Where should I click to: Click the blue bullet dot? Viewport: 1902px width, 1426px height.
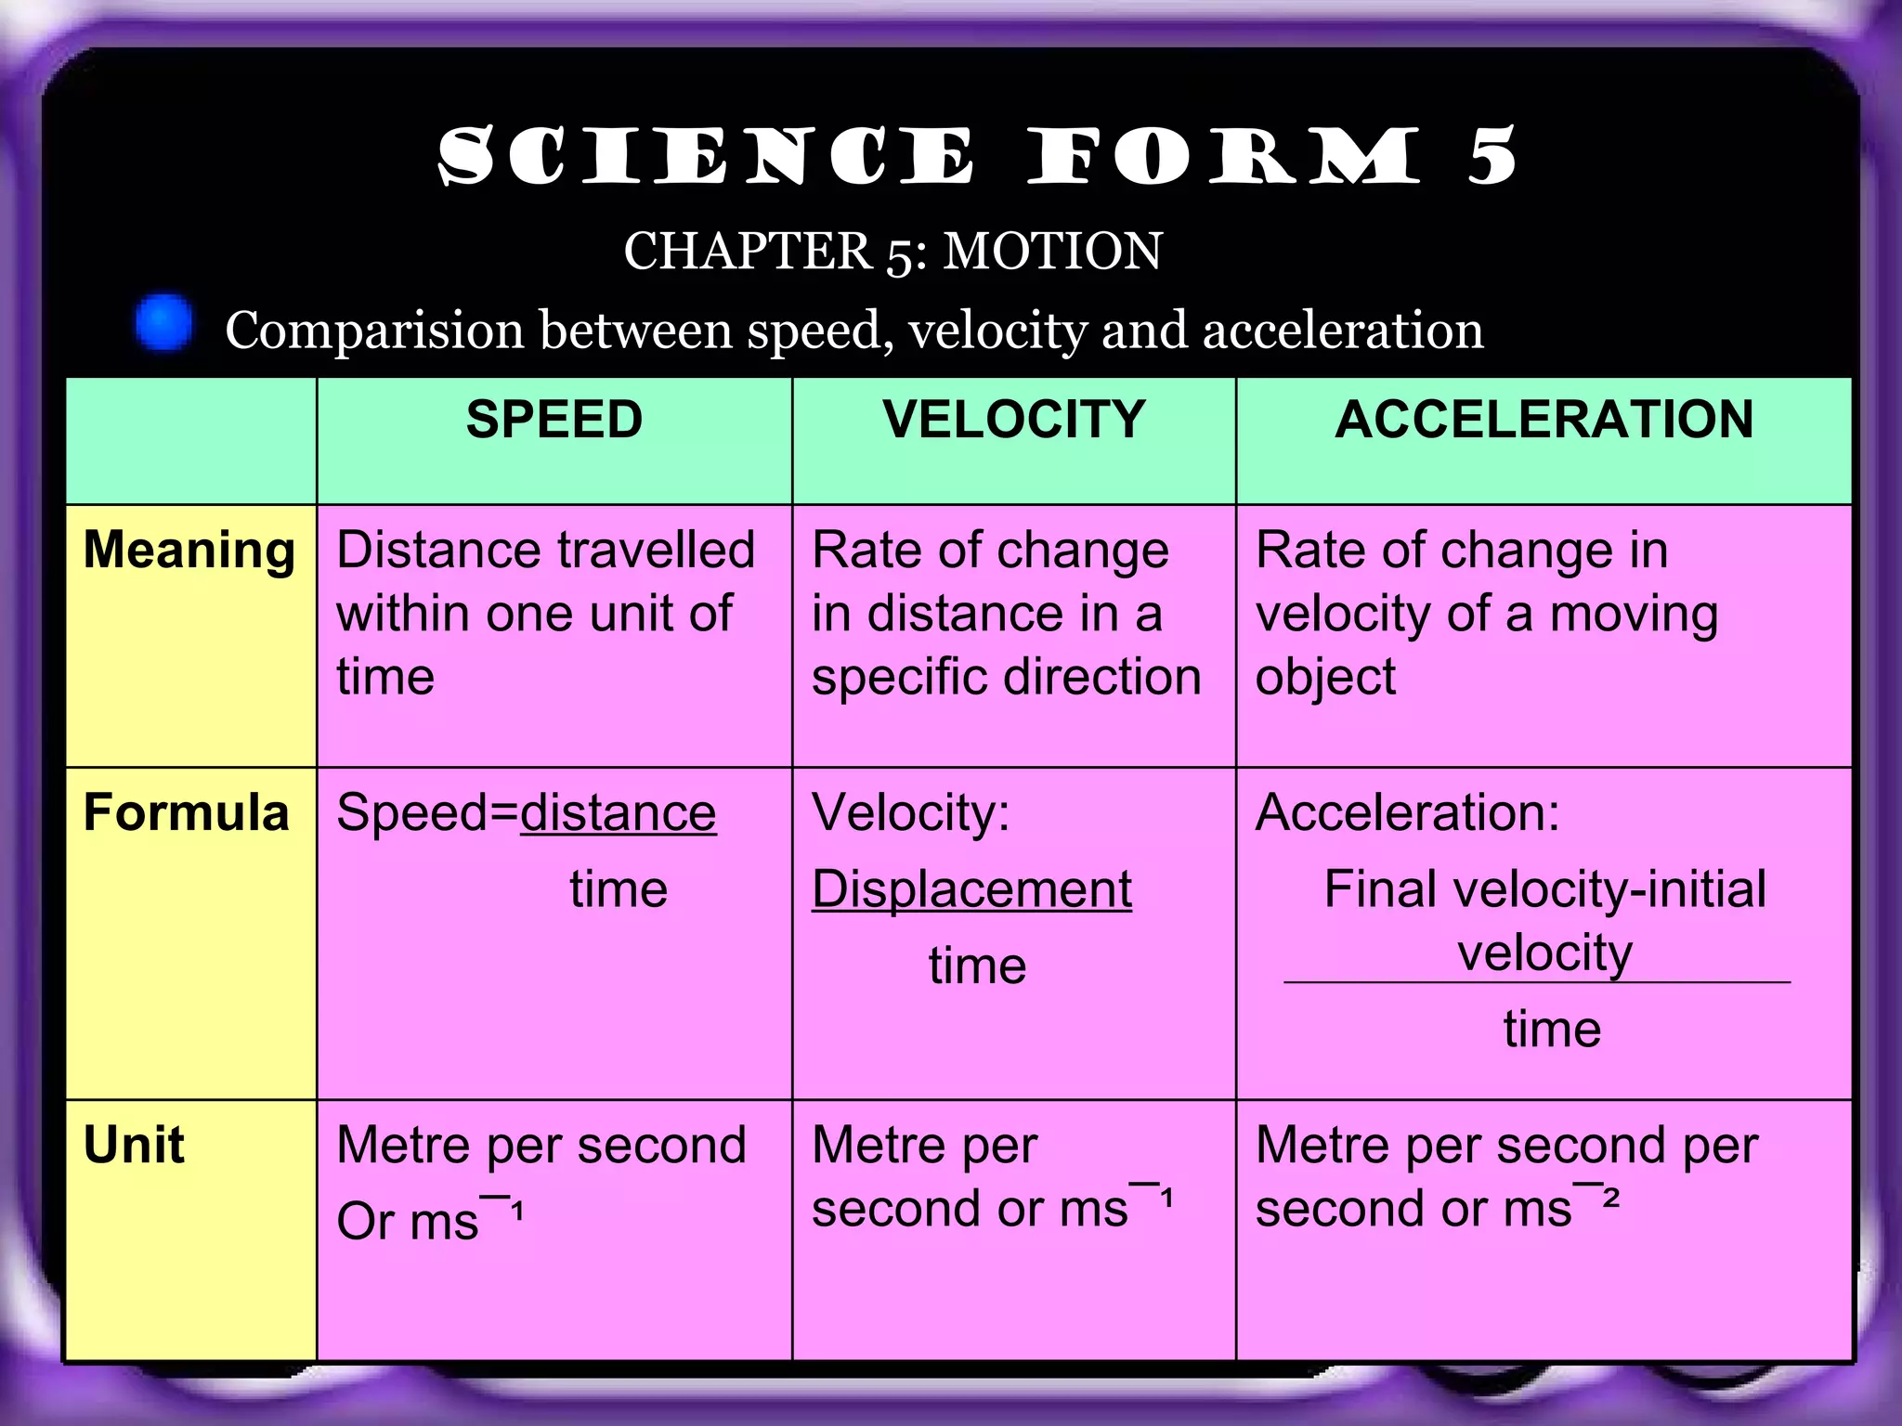[164, 323]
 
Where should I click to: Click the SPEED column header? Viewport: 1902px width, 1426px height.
[554, 419]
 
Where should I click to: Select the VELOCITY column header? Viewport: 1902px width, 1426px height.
[1013, 419]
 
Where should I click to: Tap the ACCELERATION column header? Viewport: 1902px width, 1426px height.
[1544, 419]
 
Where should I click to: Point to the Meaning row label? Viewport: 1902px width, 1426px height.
[189, 550]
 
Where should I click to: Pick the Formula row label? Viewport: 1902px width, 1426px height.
[186, 812]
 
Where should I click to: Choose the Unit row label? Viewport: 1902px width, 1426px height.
[134, 1144]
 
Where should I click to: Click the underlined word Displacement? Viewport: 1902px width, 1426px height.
[971, 889]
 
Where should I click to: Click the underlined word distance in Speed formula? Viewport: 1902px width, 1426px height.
[618, 813]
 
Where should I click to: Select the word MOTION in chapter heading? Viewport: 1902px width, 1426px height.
[1052, 251]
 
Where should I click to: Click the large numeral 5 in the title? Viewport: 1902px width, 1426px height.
[1492, 156]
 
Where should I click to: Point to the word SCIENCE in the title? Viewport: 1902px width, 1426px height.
[706, 156]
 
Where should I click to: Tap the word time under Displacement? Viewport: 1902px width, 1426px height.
[977, 966]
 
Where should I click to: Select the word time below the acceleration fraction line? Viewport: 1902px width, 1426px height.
[1552, 1029]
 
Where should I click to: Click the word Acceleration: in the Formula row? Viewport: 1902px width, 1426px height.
[1407, 812]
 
